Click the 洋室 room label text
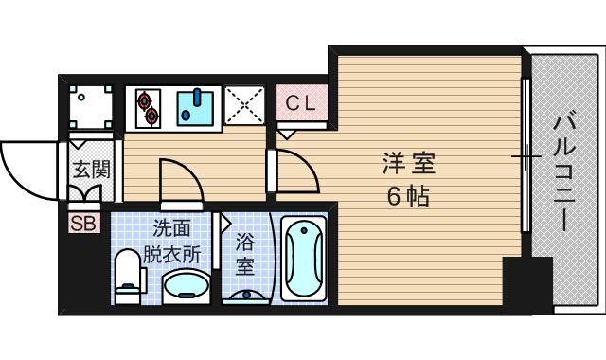pyautogui.click(x=408, y=165)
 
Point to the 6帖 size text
pyautogui.click(x=408, y=198)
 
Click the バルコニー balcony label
pyautogui.click(x=563, y=171)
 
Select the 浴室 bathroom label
pyautogui.click(x=245, y=254)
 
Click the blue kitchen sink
pyautogui.click(x=197, y=107)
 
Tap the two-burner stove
pyautogui.click(x=148, y=107)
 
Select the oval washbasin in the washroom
pyautogui.click(x=186, y=286)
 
